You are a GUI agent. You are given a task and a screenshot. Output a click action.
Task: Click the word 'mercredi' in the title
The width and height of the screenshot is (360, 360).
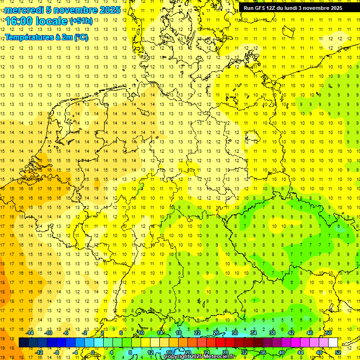[24, 10]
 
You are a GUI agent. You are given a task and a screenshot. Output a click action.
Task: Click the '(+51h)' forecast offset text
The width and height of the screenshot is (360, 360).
[81, 21]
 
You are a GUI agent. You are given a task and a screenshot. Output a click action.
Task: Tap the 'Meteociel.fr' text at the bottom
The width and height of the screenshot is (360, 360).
[219, 357]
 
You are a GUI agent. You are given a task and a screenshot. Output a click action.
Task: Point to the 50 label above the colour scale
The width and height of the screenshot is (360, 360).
[329, 333]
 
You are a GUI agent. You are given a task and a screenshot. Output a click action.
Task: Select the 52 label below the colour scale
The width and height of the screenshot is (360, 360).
[338, 352]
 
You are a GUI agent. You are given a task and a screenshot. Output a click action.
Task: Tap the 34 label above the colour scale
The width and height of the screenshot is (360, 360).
[254, 333]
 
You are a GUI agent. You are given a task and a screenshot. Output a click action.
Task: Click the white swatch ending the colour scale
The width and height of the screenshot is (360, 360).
[333, 343]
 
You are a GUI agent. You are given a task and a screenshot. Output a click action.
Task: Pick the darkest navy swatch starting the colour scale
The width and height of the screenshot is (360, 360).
[24, 343]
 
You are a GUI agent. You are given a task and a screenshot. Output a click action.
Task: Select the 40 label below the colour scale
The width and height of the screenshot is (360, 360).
[282, 352]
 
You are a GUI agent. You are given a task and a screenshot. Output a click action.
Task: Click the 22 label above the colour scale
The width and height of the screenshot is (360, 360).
[197, 333]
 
